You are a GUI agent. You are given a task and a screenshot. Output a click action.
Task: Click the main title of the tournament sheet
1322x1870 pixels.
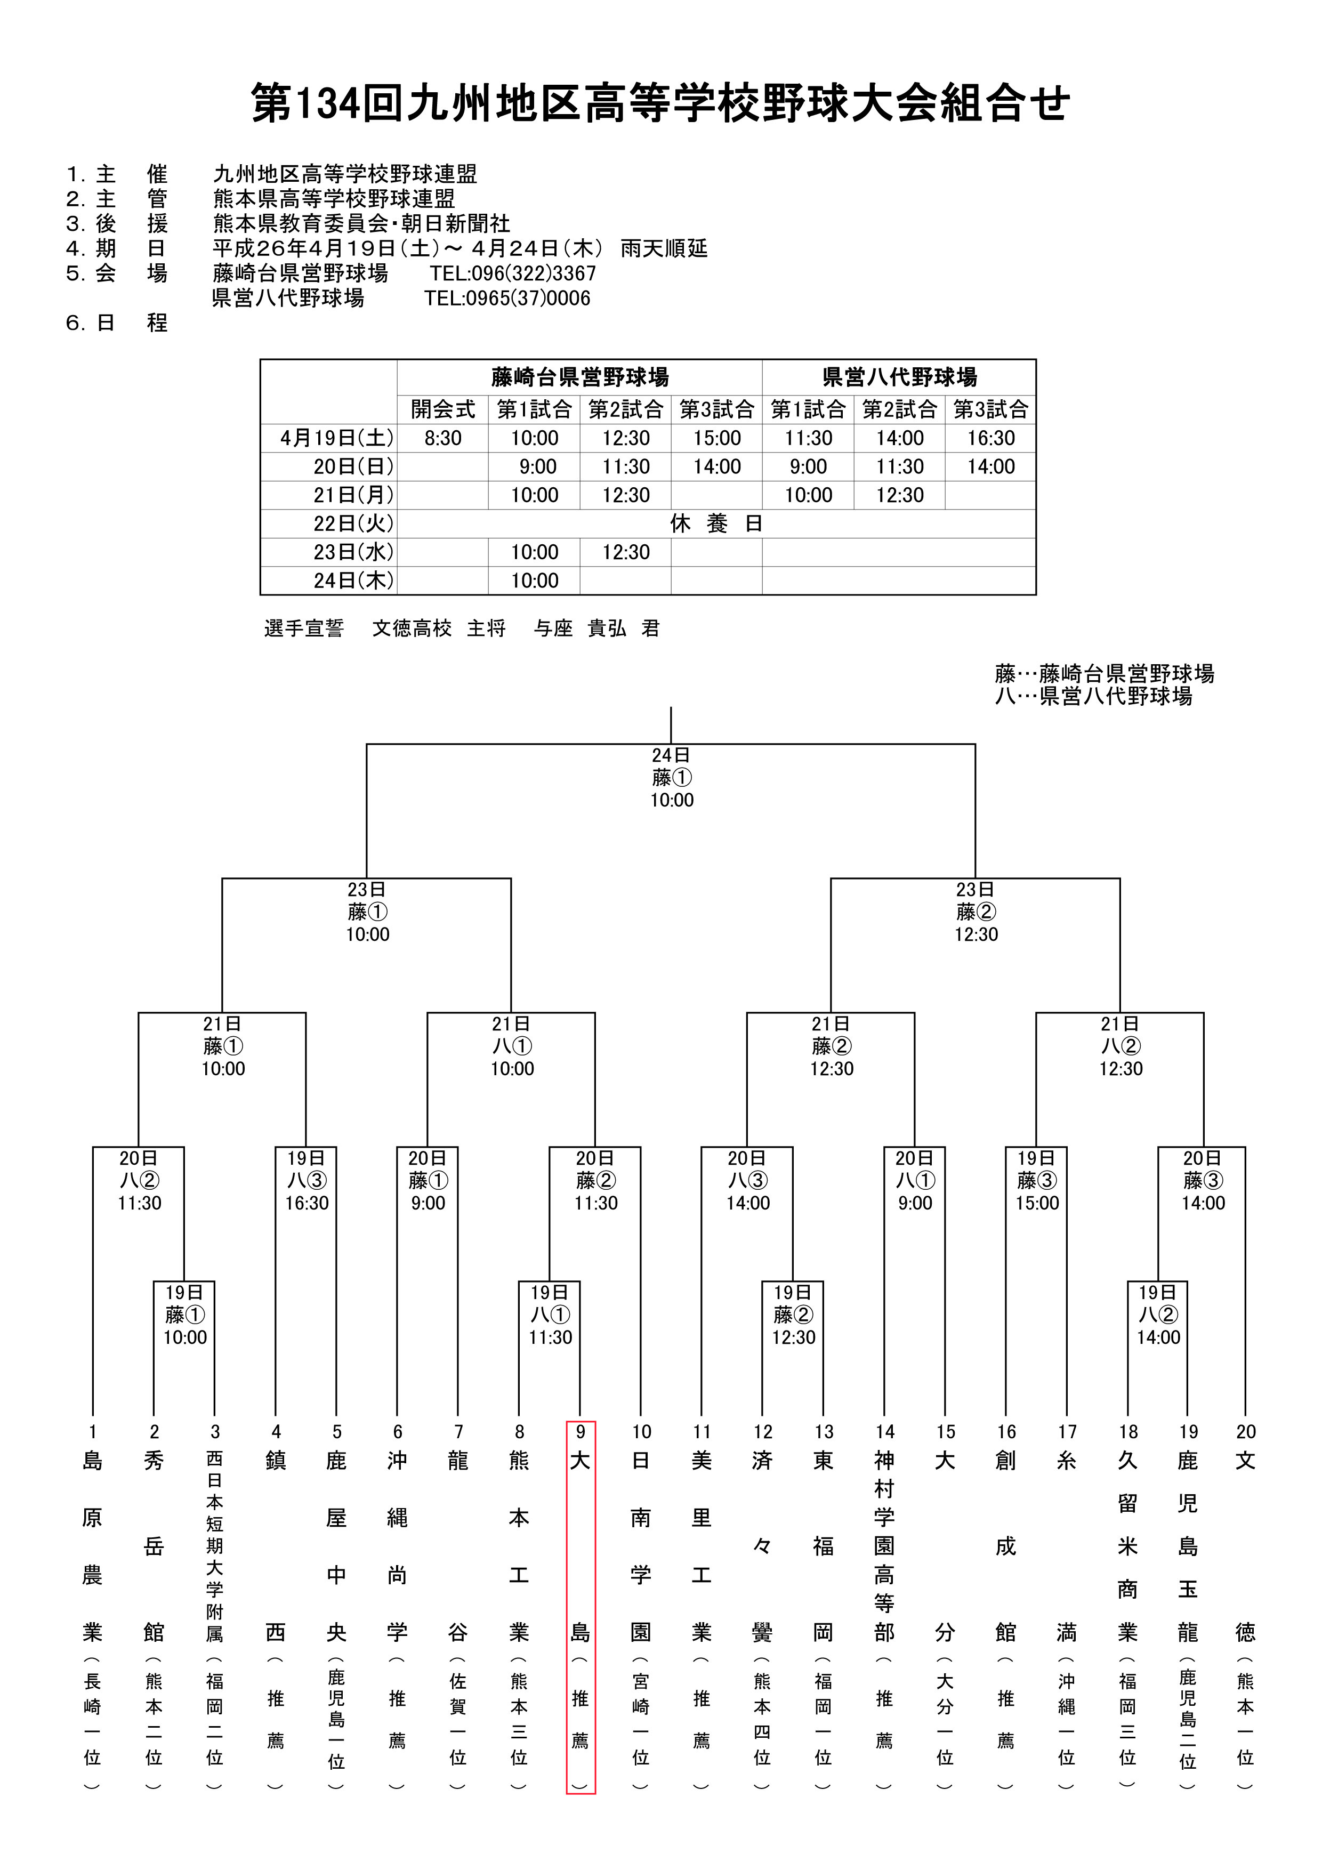point(660,103)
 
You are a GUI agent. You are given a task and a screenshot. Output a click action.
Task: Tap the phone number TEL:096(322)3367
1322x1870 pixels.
point(513,273)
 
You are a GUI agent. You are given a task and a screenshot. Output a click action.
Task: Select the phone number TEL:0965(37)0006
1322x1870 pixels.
point(506,299)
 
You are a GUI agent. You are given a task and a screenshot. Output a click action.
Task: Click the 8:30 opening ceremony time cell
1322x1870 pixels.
point(443,438)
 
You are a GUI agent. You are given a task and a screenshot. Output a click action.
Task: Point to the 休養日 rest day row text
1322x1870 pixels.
point(716,523)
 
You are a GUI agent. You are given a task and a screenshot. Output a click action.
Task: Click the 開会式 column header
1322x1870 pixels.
point(443,409)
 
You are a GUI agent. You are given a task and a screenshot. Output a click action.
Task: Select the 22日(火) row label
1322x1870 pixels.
point(353,523)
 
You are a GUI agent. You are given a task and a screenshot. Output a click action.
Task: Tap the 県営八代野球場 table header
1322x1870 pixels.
point(899,377)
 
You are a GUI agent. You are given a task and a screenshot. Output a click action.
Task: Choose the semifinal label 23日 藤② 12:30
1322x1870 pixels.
point(976,912)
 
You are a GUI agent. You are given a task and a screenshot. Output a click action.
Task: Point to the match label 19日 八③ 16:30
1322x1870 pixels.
point(307,1181)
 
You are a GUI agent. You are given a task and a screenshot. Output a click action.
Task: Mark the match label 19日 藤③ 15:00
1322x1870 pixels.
point(1037,1181)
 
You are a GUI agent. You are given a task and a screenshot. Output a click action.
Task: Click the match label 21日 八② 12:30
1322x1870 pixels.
point(1121,1046)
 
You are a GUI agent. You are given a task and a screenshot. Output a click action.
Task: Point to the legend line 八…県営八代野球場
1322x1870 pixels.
point(1093,696)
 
